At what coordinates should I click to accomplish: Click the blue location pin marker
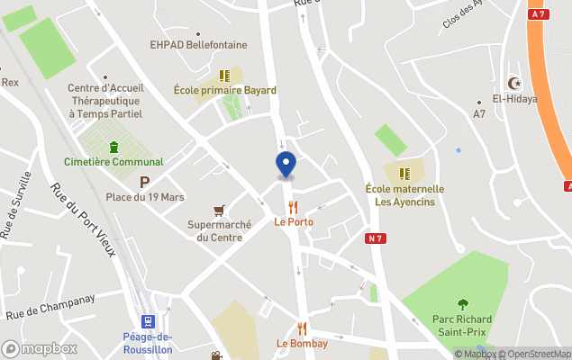click(x=285, y=165)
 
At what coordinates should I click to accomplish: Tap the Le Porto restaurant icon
click(x=294, y=206)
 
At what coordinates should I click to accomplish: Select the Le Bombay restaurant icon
click(x=302, y=328)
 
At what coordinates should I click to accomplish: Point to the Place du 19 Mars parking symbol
click(x=143, y=183)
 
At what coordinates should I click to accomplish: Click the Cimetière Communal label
click(x=113, y=162)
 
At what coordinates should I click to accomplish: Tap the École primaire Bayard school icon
click(x=225, y=76)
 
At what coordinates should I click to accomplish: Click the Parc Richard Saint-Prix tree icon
click(x=463, y=304)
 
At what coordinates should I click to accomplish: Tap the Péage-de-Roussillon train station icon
click(x=149, y=321)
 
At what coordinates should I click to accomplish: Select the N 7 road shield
click(x=376, y=238)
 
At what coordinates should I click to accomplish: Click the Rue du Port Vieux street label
click(x=83, y=220)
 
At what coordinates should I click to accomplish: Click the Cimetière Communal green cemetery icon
click(x=113, y=147)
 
